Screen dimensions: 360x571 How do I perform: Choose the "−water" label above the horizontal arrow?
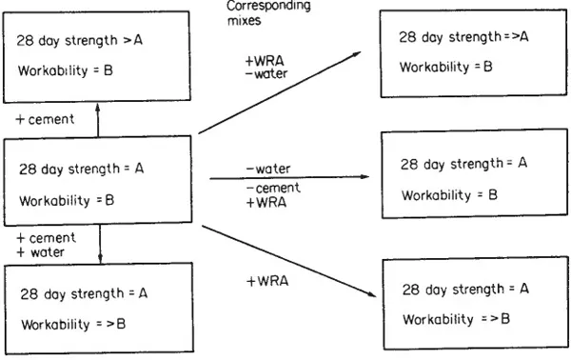(x=266, y=169)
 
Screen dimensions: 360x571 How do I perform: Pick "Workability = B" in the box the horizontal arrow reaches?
(x=445, y=194)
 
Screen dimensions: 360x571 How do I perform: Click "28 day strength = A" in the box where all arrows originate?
(x=83, y=168)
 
